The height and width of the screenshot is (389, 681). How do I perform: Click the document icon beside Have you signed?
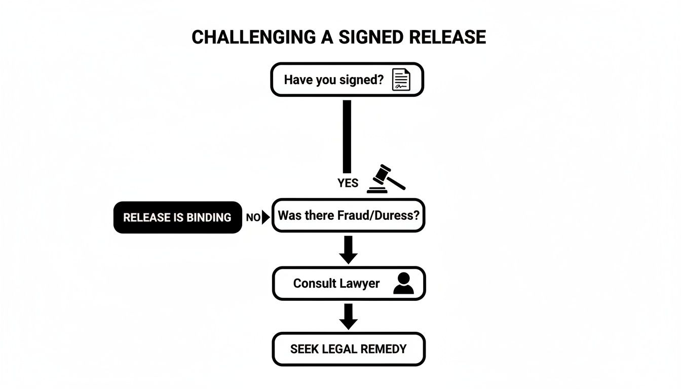coord(401,80)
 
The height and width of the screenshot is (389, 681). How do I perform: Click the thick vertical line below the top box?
coord(347,137)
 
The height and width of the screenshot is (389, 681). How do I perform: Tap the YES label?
coord(348,183)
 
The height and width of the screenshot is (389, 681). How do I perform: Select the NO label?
coord(253,218)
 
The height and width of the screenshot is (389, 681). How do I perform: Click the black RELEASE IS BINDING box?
coord(177,217)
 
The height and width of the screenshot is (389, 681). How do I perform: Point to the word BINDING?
coord(209,218)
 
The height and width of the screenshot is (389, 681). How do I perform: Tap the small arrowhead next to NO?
coord(266,218)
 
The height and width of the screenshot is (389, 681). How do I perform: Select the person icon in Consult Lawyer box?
coord(403,284)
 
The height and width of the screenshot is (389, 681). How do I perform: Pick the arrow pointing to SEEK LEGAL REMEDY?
coord(348,317)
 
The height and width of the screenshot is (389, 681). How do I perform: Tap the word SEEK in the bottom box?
coord(302,349)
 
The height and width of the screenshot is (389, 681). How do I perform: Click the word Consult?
coord(312,284)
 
